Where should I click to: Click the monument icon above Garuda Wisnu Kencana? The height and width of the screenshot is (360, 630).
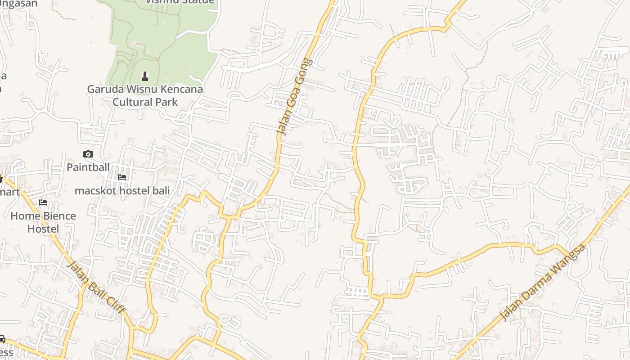(x=145, y=76)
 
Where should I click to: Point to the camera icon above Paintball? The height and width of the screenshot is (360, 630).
(x=88, y=154)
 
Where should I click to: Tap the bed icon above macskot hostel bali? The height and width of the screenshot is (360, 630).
(x=122, y=177)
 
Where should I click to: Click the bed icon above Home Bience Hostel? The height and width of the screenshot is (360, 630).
(x=43, y=202)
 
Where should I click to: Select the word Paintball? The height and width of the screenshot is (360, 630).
(x=88, y=167)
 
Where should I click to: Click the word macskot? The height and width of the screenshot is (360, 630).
(x=93, y=191)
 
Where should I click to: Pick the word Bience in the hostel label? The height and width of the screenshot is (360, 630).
(x=59, y=216)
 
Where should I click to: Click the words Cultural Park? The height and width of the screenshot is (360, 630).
(x=145, y=102)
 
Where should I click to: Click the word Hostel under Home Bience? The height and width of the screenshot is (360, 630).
(x=43, y=229)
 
